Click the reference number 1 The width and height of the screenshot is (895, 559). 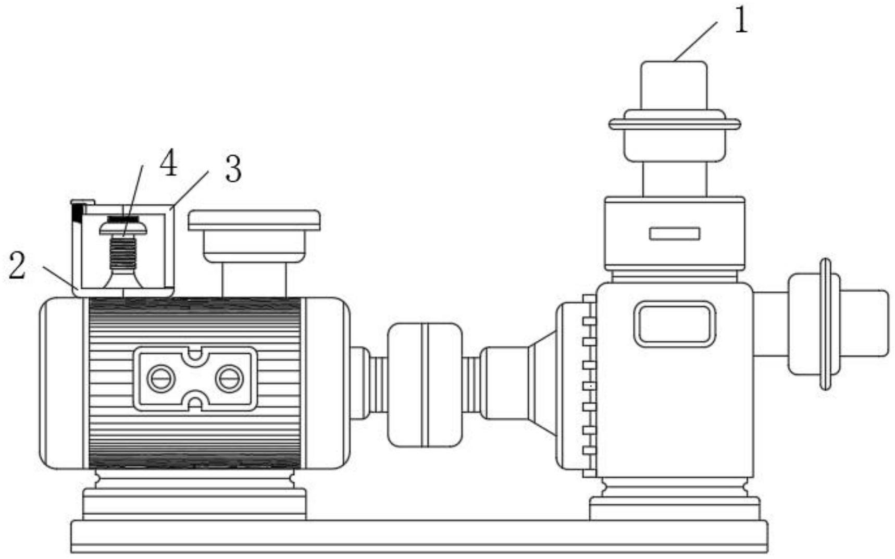(x=740, y=21)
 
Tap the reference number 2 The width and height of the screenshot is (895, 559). (x=17, y=265)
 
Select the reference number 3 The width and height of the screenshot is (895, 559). (x=233, y=169)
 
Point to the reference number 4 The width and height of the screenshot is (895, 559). (x=168, y=163)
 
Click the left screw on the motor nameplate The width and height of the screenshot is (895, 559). (x=160, y=379)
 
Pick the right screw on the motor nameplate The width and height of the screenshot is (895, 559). (x=230, y=379)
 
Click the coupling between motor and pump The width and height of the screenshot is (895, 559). (x=426, y=385)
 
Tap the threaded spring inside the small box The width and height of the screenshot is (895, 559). (x=122, y=253)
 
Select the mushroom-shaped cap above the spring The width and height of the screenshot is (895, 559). (x=123, y=226)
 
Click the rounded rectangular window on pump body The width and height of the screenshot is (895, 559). (x=674, y=324)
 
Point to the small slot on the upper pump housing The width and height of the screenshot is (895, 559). (x=674, y=233)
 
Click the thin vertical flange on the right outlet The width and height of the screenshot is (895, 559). (x=826, y=324)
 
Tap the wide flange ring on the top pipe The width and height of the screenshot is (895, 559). (x=675, y=124)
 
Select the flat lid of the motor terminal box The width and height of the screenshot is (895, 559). (x=254, y=220)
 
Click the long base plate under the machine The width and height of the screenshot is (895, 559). (x=419, y=537)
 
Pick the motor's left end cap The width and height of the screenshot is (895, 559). (x=61, y=383)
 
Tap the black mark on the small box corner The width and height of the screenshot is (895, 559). (x=78, y=213)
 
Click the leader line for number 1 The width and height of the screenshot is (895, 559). (x=696, y=41)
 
